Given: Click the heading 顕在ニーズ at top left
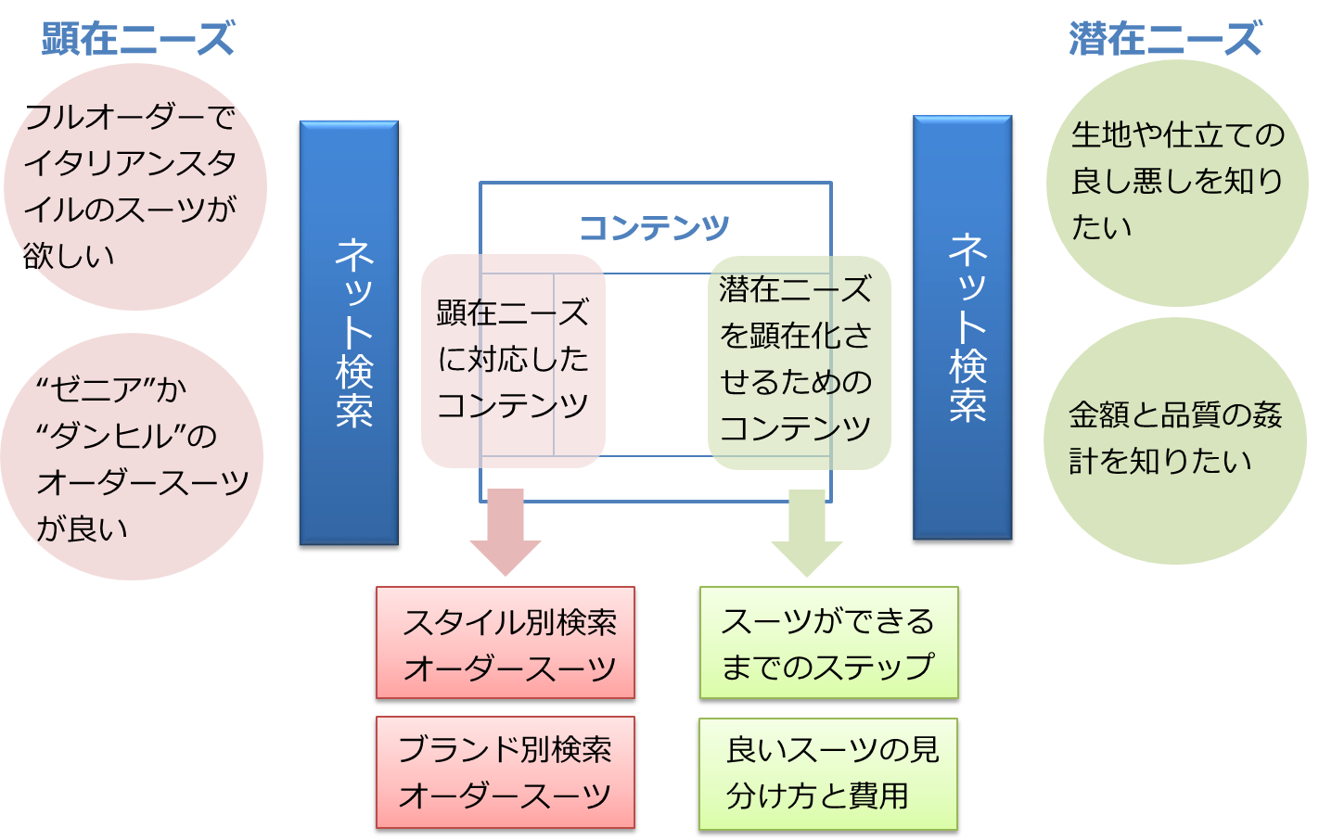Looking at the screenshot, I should (x=137, y=39).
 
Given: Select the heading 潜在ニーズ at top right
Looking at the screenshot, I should (x=1165, y=39).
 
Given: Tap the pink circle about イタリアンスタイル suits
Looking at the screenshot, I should (x=134, y=185).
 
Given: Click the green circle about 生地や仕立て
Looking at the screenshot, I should (x=1176, y=182).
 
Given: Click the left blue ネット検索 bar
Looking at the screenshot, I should (x=349, y=332).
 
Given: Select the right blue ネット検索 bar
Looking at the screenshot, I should (x=962, y=327).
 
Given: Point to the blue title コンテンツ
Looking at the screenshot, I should (x=654, y=227).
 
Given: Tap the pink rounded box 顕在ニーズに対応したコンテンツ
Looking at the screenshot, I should (x=513, y=360).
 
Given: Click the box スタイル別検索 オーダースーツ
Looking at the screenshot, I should (x=506, y=643).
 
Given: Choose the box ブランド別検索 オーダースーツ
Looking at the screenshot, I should (x=506, y=772).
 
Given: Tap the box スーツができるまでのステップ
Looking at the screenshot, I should (x=828, y=643).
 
